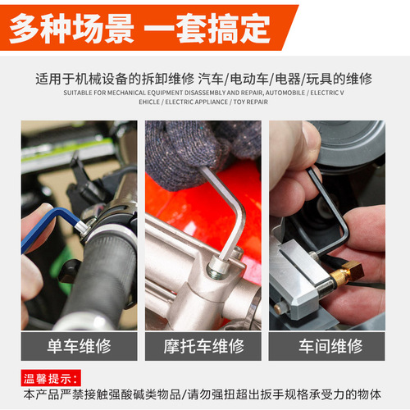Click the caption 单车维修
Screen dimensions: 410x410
pos(80,346)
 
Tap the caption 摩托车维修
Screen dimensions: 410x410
pos(203,346)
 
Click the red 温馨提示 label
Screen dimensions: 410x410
pos(52,379)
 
